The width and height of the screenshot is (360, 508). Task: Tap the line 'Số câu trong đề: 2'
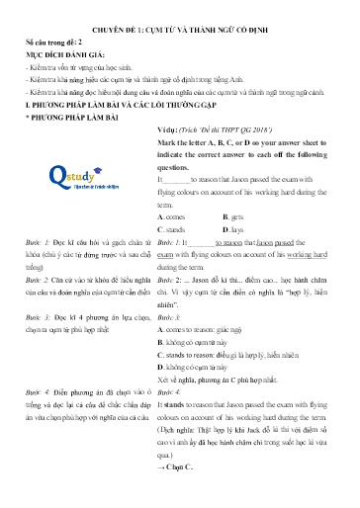[x=50, y=44]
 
